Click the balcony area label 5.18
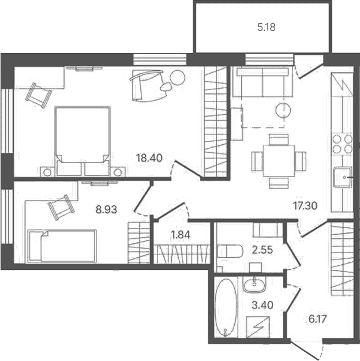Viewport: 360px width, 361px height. pyautogui.click(x=267, y=28)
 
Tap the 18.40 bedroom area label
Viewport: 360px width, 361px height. pyautogui.click(x=149, y=158)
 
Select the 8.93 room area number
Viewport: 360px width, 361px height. pyautogui.click(x=106, y=210)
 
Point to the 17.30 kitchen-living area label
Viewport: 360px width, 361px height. pyautogui.click(x=305, y=206)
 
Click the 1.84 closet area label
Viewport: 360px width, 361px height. pyautogui.click(x=181, y=235)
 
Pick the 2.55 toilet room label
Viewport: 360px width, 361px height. pyautogui.click(x=262, y=250)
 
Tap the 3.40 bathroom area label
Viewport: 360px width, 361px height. pyautogui.click(x=262, y=305)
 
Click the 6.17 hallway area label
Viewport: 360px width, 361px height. pyautogui.click(x=318, y=319)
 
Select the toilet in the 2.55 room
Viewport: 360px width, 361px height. pyautogui.click(x=230, y=251)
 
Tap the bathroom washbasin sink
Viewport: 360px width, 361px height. pyautogui.click(x=254, y=284)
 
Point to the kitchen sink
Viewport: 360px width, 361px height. pyautogui.click(x=343, y=177)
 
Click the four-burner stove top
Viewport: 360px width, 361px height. pyautogui.click(x=342, y=144)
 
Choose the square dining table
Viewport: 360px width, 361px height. pyautogui.click(x=279, y=161)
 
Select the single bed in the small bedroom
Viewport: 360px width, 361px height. pyautogui.click(x=62, y=246)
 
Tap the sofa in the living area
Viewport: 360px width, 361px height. pyautogui.click(x=263, y=82)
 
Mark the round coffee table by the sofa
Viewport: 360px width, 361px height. pyautogui.click(x=283, y=110)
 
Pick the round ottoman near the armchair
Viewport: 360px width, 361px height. pyautogui.click(x=178, y=77)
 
